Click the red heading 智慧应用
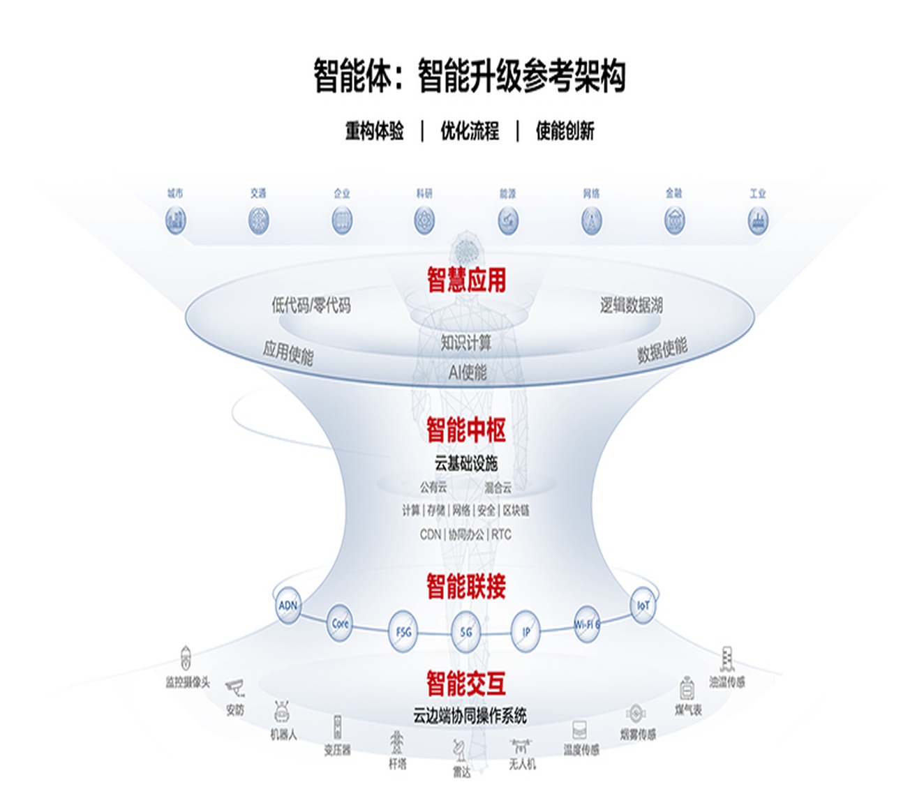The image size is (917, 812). [x=466, y=280]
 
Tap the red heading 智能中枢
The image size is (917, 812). [x=466, y=430]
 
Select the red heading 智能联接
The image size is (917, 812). [x=466, y=587]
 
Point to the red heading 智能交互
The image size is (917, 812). [x=466, y=683]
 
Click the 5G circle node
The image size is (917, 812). [x=466, y=632]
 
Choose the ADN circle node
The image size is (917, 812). [x=288, y=605]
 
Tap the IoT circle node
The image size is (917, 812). [x=643, y=605]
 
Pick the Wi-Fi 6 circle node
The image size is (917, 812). [x=586, y=624]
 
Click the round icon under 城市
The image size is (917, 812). [x=175, y=221]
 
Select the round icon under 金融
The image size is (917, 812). [x=674, y=221]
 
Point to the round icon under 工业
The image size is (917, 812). [x=757, y=221]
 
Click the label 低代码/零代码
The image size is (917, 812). [x=311, y=305]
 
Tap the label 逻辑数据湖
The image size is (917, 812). [x=631, y=305]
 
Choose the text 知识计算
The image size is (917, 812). [x=466, y=343]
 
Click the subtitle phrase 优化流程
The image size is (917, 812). [x=470, y=130]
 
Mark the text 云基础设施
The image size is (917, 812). [x=466, y=463]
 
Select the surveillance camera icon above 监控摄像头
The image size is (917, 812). [x=186, y=658]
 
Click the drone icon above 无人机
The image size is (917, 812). [x=521, y=746]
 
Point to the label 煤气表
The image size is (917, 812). [x=688, y=710]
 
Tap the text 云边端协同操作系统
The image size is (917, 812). [x=470, y=716]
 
